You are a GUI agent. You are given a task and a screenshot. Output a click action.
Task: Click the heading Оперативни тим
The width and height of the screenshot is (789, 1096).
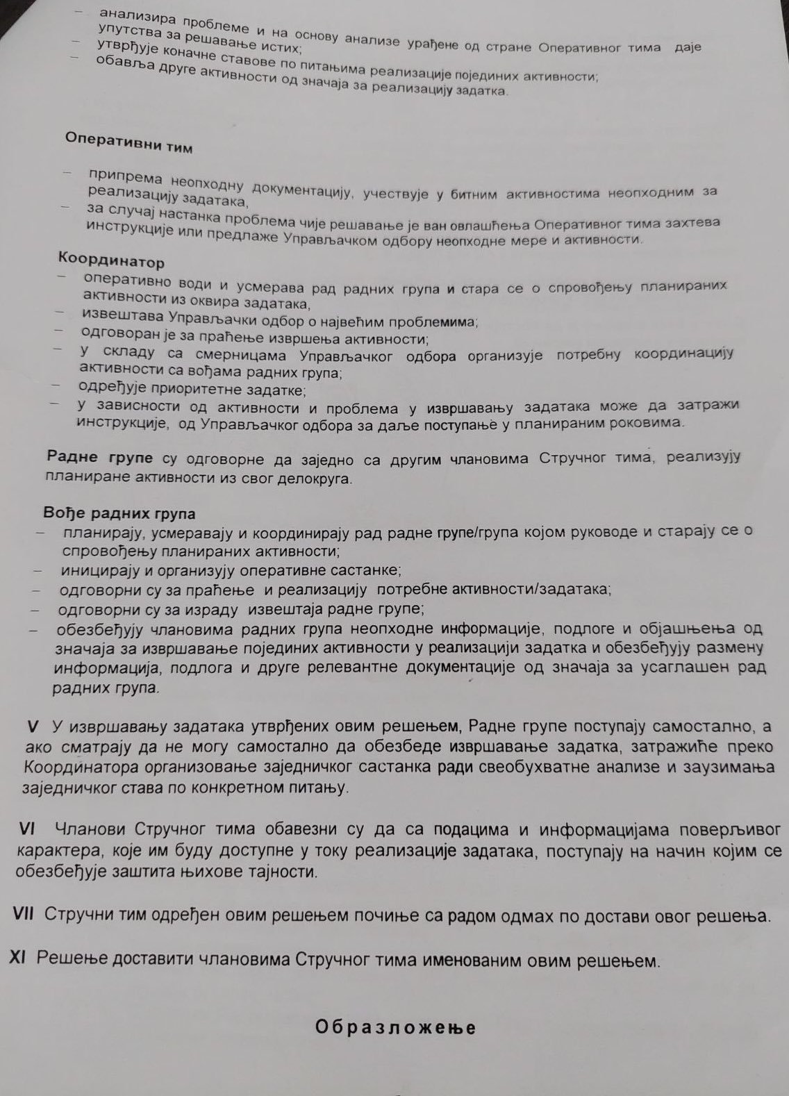pos(128,141)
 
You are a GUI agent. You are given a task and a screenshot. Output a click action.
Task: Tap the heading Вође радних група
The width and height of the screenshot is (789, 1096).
pos(119,514)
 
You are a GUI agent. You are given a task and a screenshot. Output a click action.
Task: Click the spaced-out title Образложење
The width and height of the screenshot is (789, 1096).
pos(396,1027)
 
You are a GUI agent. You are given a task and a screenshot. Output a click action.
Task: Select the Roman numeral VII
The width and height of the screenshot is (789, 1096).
pos(26,915)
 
